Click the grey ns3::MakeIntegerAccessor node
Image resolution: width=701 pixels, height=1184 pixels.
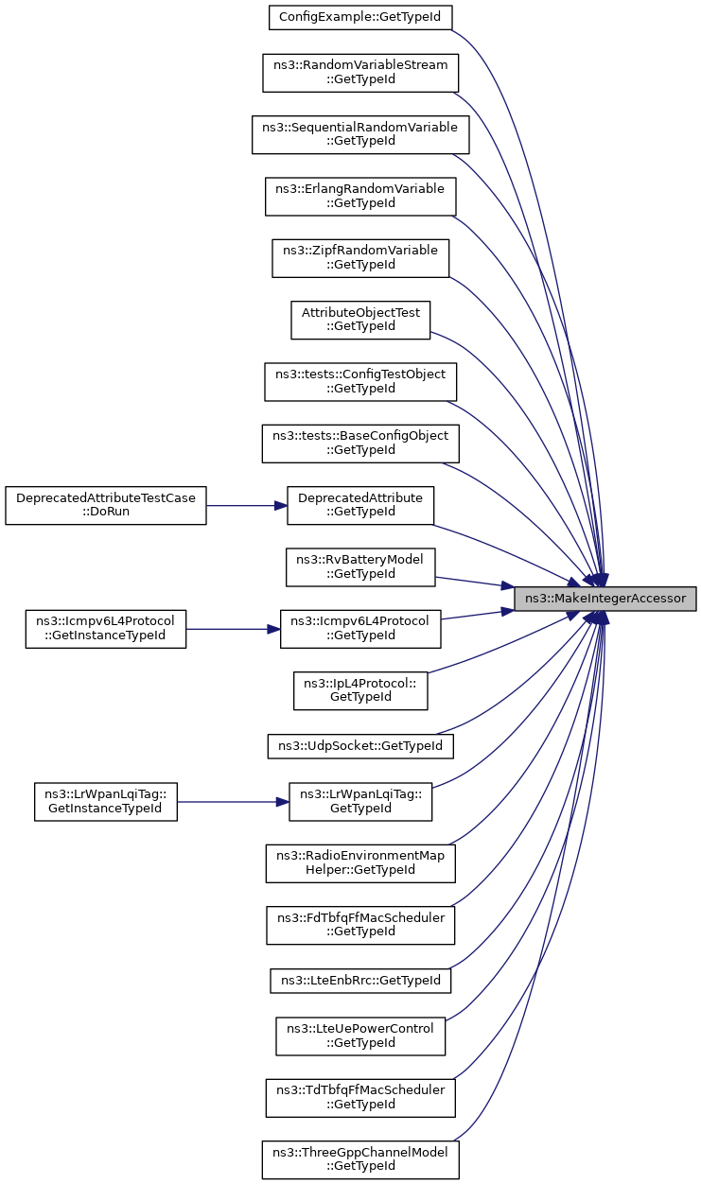(x=605, y=599)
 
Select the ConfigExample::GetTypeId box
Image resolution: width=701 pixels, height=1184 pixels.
(x=360, y=17)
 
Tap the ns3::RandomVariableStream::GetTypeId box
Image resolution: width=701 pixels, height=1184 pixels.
(x=360, y=73)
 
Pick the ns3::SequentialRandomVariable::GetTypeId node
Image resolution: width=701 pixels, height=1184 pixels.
(x=360, y=134)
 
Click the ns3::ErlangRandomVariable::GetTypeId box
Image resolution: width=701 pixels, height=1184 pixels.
(x=360, y=196)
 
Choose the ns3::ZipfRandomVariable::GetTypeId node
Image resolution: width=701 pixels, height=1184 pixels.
(x=360, y=258)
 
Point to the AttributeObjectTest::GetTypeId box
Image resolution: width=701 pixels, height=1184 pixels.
(x=360, y=320)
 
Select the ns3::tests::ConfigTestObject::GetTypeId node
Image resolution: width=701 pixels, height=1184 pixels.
(x=360, y=382)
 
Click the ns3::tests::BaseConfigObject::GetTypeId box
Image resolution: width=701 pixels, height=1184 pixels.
(x=360, y=444)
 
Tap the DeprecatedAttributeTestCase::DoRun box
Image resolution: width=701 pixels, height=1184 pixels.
(x=106, y=505)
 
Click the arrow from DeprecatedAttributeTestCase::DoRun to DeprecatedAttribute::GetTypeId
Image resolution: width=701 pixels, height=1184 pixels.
(x=247, y=506)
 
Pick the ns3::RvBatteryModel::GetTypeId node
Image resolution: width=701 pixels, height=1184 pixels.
(x=360, y=567)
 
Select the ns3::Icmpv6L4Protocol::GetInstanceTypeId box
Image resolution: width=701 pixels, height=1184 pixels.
(x=106, y=629)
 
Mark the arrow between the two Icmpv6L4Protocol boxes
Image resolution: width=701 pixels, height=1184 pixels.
(x=233, y=629)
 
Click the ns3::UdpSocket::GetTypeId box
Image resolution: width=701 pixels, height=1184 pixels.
(x=360, y=746)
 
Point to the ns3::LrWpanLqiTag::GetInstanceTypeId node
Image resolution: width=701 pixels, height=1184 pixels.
(x=106, y=802)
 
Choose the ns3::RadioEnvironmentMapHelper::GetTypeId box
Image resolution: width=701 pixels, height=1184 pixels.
(x=360, y=863)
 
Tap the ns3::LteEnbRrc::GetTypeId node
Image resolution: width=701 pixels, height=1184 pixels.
(x=360, y=981)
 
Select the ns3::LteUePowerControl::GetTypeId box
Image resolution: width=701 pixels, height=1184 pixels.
(x=360, y=1036)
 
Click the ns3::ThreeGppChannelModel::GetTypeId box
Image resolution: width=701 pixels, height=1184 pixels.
(x=360, y=1160)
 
